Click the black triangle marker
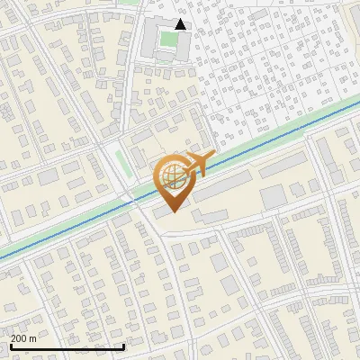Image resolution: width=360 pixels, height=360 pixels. tap(181, 24)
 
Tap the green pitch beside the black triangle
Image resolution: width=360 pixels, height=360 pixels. tap(167, 40)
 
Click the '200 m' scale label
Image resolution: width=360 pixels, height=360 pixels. tap(23, 338)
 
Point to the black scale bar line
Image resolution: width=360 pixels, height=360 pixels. tap(67, 346)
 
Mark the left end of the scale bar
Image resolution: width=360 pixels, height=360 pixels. tap(12, 346)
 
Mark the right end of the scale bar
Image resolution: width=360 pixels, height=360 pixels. tap(123, 346)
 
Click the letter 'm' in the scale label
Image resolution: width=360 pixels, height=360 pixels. tap(32, 338)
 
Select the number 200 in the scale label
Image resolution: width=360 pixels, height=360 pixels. tap(19, 338)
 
